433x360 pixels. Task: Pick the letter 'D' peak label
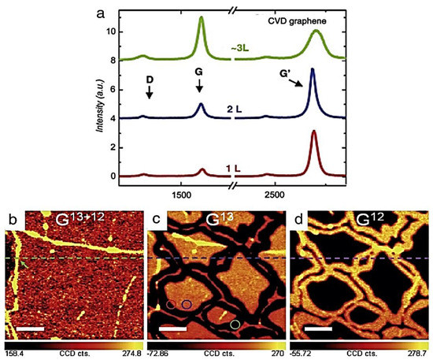[x=148, y=79]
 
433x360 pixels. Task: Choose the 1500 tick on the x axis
[x=181, y=193]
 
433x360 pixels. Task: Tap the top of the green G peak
[x=201, y=17]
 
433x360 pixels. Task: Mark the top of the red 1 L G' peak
[x=313, y=132]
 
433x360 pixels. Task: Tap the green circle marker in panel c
[x=234, y=324]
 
